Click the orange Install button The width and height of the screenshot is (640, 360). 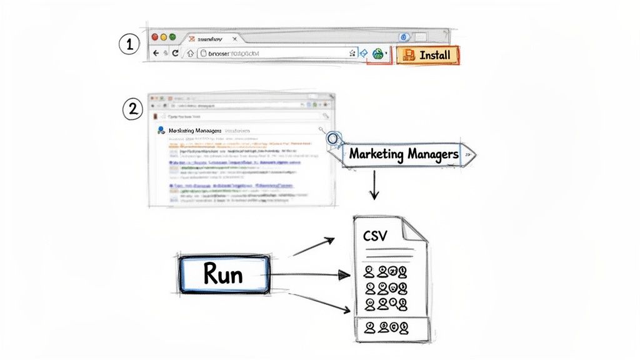pyautogui.click(x=428, y=55)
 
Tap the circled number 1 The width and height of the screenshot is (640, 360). pyautogui.click(x=127, y=44)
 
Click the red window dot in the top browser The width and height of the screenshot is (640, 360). pyautogui.click(x=154, y=37)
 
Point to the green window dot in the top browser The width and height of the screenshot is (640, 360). pyautogui.click(x=173, y=37)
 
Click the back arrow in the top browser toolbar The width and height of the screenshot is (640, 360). pyautogui.click(x=155, y=54)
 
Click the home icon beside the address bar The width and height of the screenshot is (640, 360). pyautogui.click(x=190, y=54)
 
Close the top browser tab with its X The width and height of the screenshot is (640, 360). pyautogui.click(x=234, y=39)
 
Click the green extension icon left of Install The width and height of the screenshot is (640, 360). pyautogui.click(x=377, y=55)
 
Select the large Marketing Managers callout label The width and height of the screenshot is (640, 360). pyautogui.click(x=404, y=154)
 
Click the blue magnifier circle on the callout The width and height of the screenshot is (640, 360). pyautogui.click(x=334, y=138)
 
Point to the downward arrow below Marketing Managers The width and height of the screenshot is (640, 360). pyautogui.click(x=374, y=187)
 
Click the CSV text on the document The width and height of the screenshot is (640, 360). pyautogui.click(x=375, y=236)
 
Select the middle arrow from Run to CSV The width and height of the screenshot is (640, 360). pyautogui.click(x=312, y=274)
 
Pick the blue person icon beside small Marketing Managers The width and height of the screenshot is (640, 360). pyautogui.click(x=161, y=130)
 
